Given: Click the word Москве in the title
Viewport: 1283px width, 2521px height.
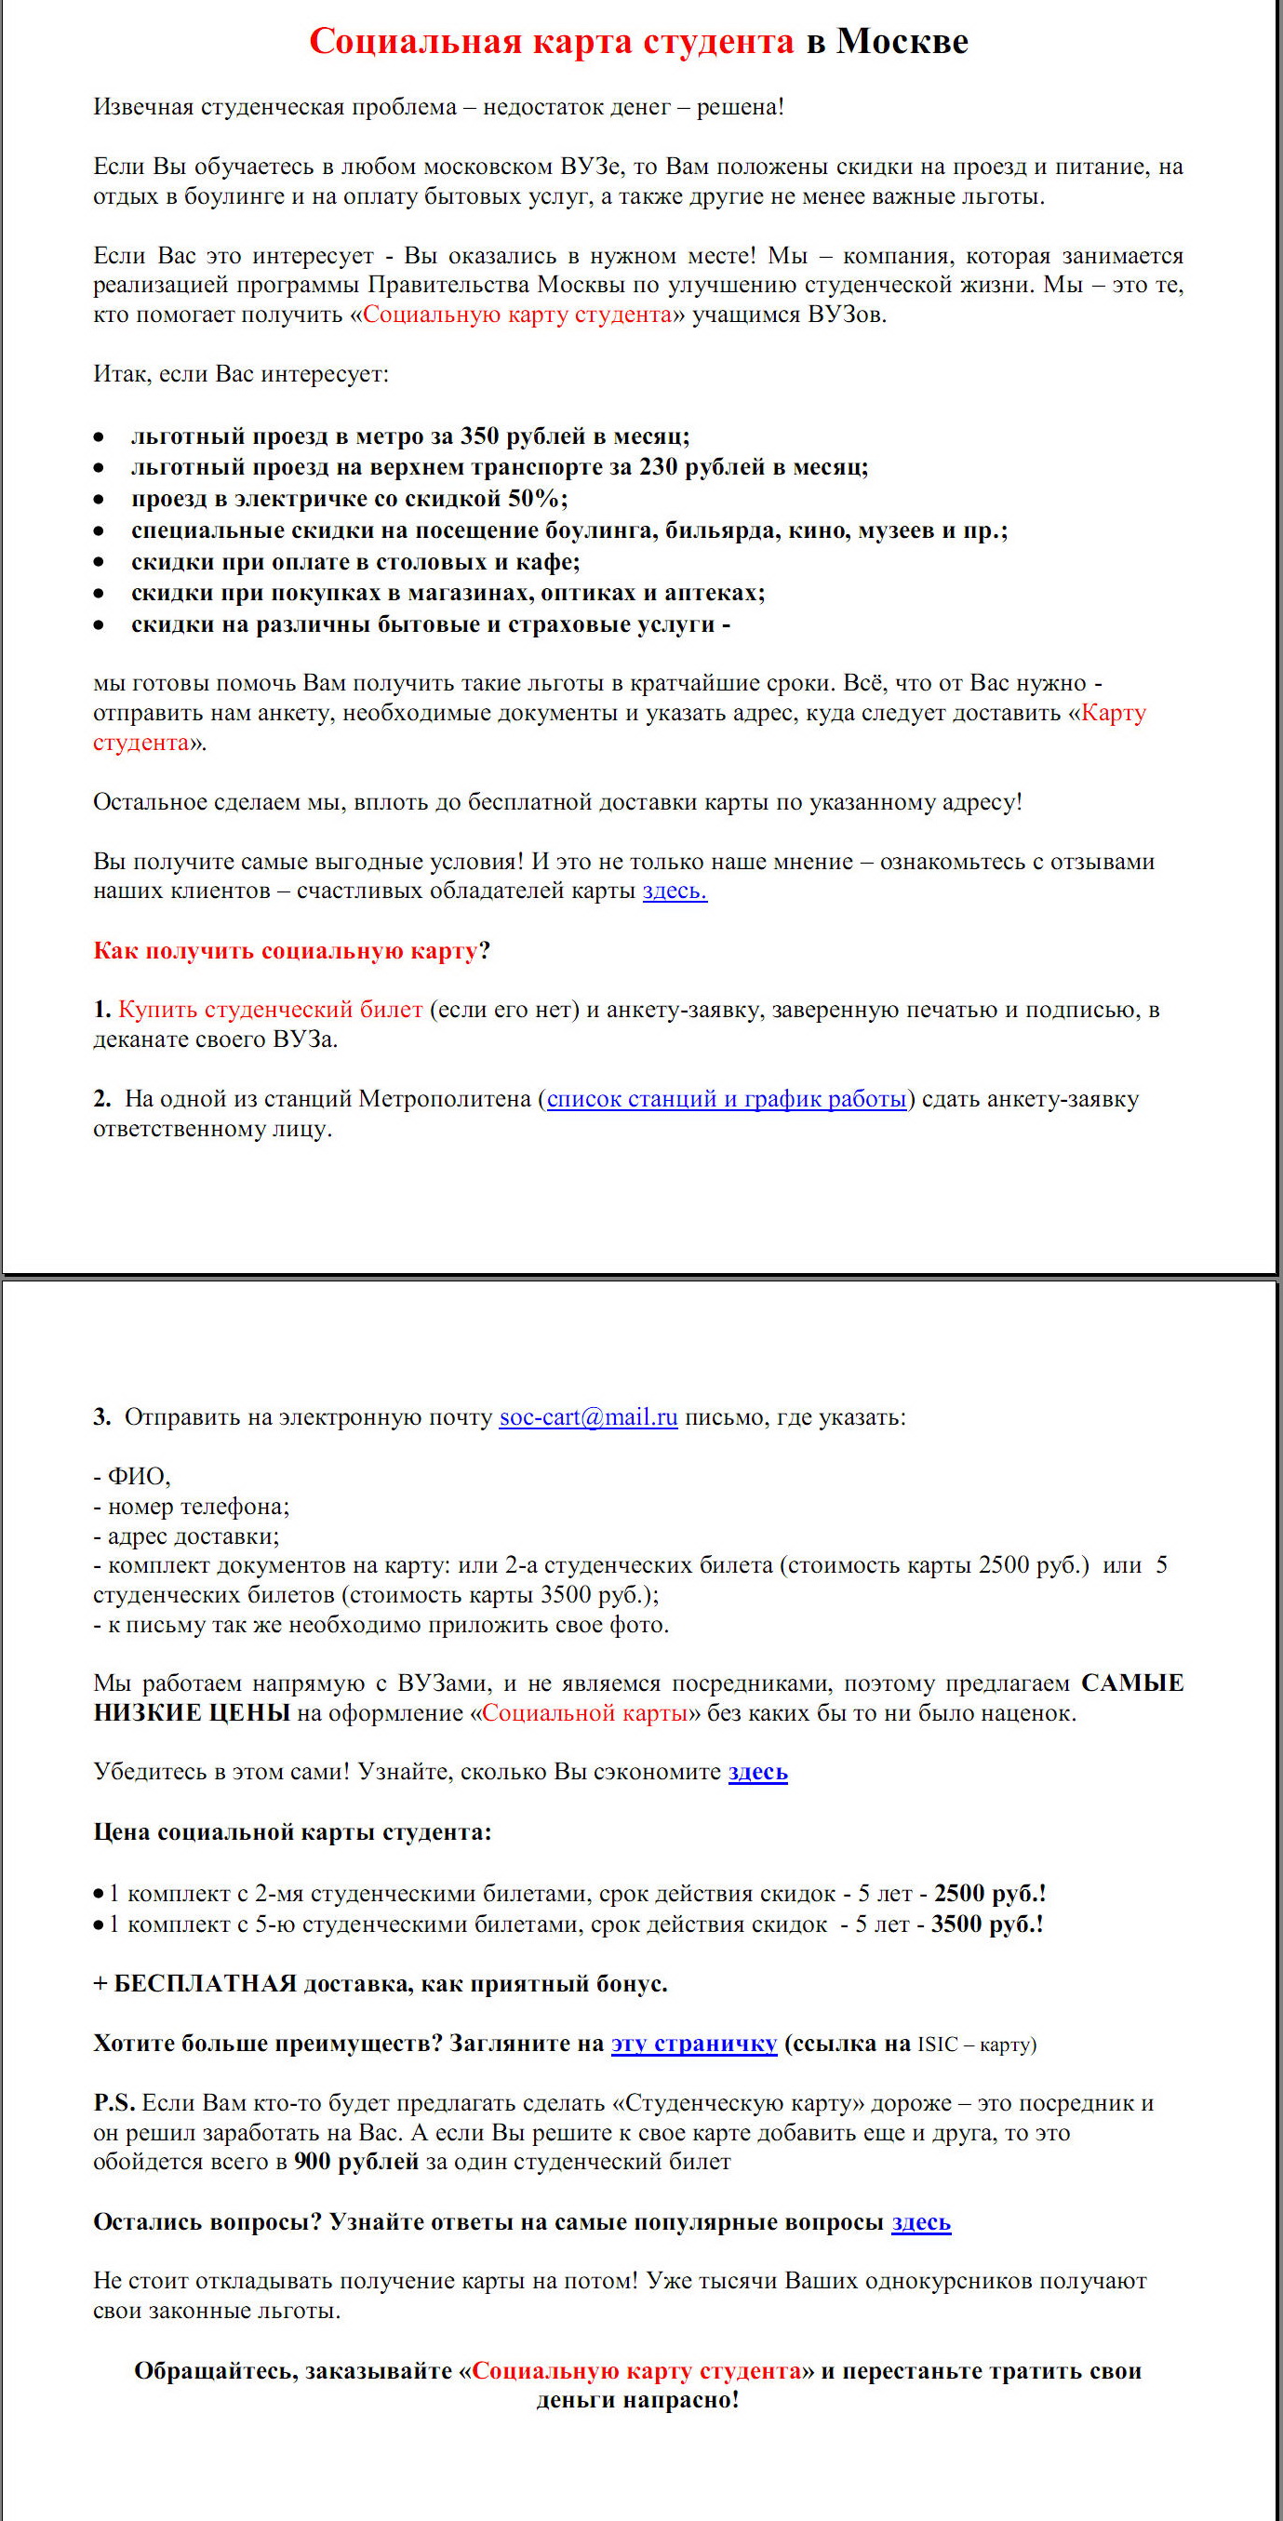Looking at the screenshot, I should point(902,41).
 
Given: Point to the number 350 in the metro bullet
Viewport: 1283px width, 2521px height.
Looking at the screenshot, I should point(479,436).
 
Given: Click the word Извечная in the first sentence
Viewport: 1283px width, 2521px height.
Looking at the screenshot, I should point(143,107).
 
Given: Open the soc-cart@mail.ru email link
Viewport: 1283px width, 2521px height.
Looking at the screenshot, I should point(588,1417).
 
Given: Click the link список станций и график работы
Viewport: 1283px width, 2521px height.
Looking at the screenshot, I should point(726,1099).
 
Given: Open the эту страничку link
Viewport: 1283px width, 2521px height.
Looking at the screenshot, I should point(694,2044).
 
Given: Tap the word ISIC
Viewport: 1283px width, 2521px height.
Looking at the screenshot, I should point(938,2045).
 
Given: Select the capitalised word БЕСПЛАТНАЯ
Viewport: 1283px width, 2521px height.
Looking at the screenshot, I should point(206,1984).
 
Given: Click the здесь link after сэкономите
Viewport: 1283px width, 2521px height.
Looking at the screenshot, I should point(757,1773).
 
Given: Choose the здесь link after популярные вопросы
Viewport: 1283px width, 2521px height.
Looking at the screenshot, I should point(921,2222).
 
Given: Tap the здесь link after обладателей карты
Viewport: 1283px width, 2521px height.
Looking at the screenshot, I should point(675,892).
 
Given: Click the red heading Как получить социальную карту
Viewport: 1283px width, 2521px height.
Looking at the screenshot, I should point(285,950).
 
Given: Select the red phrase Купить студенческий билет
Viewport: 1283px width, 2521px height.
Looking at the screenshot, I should point(270,1010).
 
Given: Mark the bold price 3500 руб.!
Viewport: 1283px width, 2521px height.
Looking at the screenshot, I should point(986,1924).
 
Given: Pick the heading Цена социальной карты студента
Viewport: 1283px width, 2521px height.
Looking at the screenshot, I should point(291,1832).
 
